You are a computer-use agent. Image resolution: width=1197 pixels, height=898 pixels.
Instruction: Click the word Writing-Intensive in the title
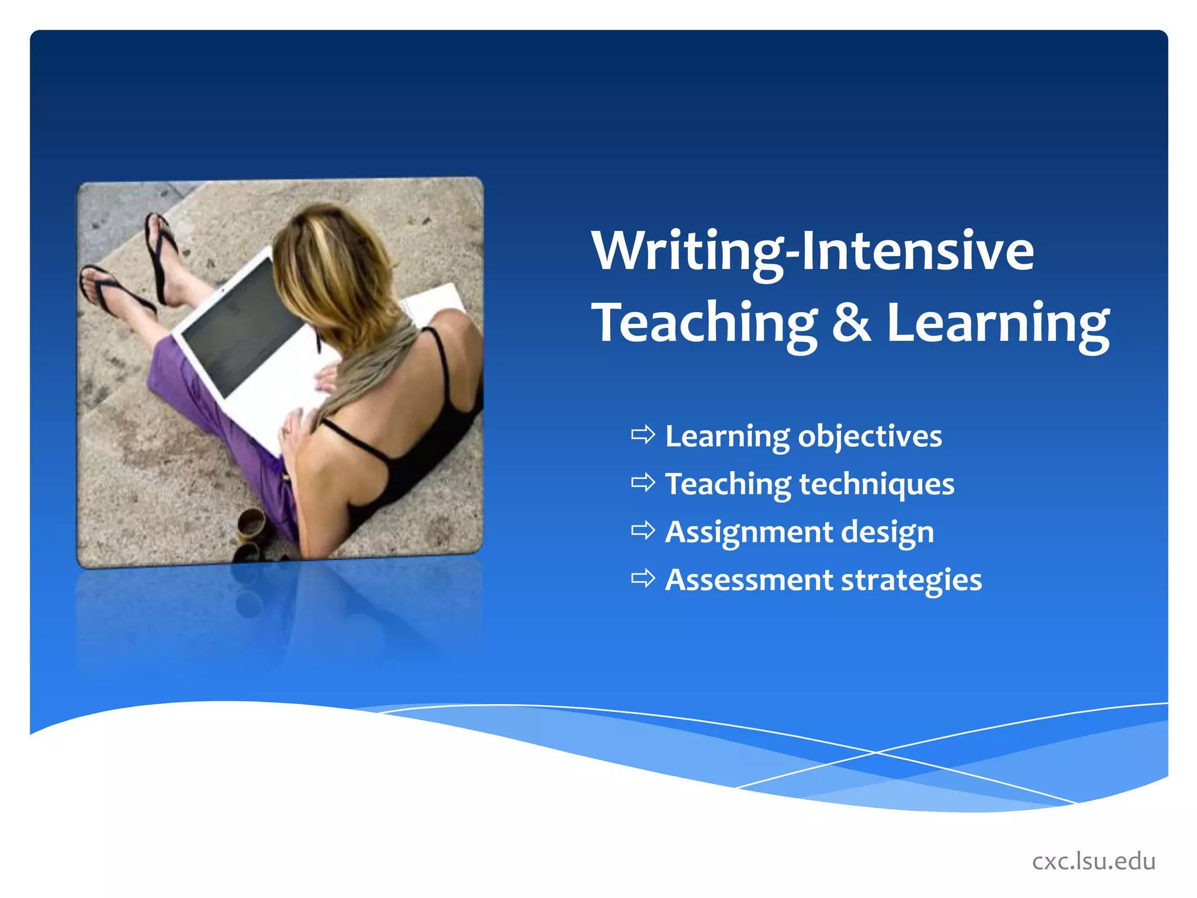pos(812,251)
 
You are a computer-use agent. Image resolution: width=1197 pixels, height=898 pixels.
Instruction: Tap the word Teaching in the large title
pos(704,323)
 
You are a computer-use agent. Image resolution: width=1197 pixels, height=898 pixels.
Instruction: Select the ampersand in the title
pos(851,323)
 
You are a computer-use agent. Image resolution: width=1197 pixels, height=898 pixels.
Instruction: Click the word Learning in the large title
pos(998,323)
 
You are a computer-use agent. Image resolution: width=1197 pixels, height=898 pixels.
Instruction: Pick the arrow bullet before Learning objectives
pos(643,435)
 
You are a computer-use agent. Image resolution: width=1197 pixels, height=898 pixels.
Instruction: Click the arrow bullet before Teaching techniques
pos(643,483)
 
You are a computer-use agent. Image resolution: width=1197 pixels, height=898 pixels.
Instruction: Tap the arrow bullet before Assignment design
pos(643,531)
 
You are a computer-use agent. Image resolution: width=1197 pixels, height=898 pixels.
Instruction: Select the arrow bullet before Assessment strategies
pos(643,579)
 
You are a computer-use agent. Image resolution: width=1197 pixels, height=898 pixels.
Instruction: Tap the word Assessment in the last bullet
pos(748,580)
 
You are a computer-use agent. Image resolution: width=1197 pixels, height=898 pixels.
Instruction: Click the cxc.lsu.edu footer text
pos(1094,861)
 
